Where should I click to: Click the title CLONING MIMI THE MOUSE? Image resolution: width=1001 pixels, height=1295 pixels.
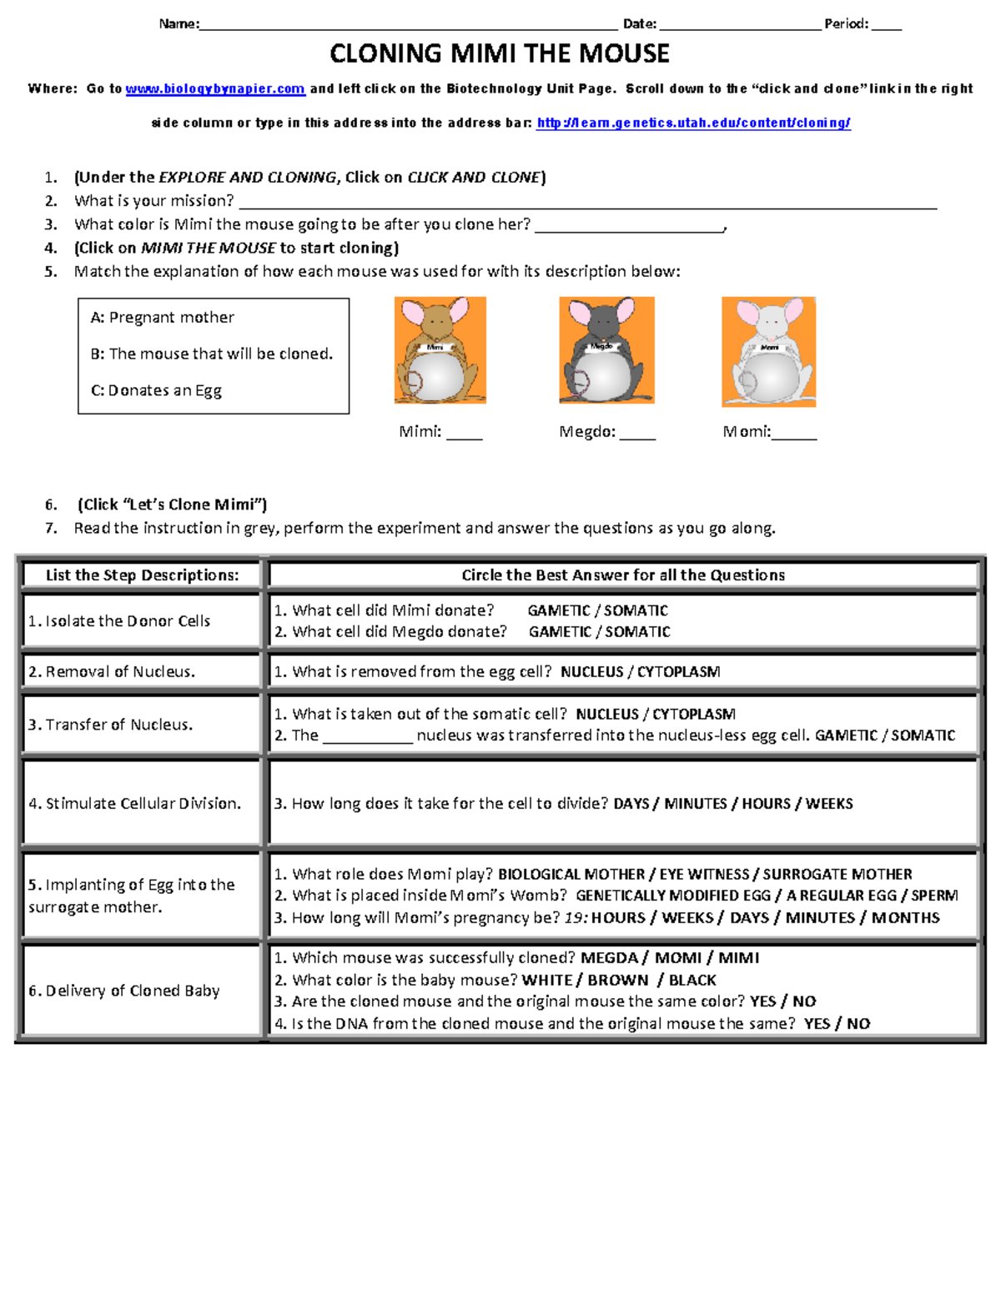pyautogui.click(x=499, y=54)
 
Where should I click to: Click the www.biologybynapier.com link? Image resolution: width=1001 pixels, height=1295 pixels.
pyautogui.click(x=215, y=89)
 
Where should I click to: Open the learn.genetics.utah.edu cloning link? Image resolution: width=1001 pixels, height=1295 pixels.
pyautogui.click(x=693, y=123)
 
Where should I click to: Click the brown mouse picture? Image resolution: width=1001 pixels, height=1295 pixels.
pyautogui.click(x=440, y=350)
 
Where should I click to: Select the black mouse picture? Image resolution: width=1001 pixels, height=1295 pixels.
pyautogui.click(x=606, y=350)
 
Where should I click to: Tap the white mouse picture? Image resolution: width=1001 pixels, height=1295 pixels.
pyautogui.click(x=768, y=352)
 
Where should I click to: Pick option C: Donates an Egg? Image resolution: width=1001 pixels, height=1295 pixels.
pyautogui.click(x=156, y=390)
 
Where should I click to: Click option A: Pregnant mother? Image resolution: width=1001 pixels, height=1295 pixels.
pyautogui.click(x=162, y=318)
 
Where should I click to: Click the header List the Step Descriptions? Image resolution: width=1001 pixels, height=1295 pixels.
pyautogui.click(x=142, y=575)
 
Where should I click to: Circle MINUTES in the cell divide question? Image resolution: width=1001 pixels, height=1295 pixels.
pyautogui.click(x=696, y=804)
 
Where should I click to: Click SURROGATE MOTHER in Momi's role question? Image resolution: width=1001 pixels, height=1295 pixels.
pyautogui.click(x=837, y=875)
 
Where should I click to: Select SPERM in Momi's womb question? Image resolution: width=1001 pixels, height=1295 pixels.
pyautogui.click(x=934, y=896)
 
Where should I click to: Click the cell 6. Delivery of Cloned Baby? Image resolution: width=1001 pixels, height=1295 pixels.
pyautogui.click(x=124, y=991)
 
